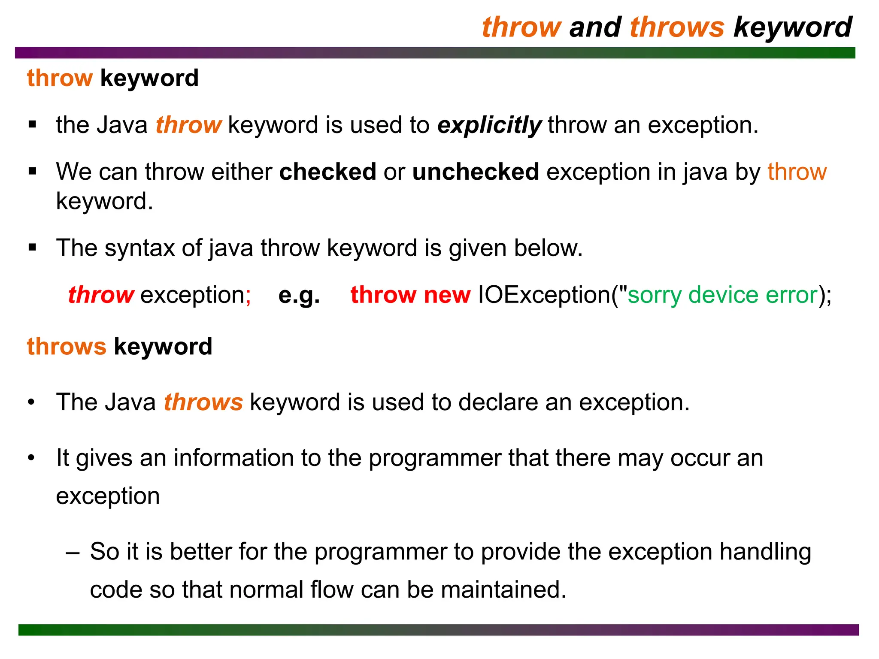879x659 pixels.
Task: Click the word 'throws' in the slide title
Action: [x=677, y=27]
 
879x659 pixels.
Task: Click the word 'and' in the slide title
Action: [x=595, y=27]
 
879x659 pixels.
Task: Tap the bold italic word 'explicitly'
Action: [x=489, y=126]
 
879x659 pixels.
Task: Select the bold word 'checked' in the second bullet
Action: [x=327, y=172]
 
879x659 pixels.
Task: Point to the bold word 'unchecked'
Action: [x=476, y=172]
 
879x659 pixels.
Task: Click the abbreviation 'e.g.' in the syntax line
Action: [x=299, y=295]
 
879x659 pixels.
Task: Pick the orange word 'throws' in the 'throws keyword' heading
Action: [x=67, y=346]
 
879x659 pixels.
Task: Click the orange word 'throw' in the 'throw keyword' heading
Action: [x=60, y=78]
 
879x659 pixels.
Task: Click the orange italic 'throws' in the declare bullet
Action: [x=203, y=402]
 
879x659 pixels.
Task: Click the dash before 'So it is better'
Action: [x=73, y=553]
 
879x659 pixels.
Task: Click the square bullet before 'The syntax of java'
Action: [x=33, y=248]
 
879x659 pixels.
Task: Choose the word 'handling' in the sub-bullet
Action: [x=765, y=552]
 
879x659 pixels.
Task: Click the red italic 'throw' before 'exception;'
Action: [x=101, y=295]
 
